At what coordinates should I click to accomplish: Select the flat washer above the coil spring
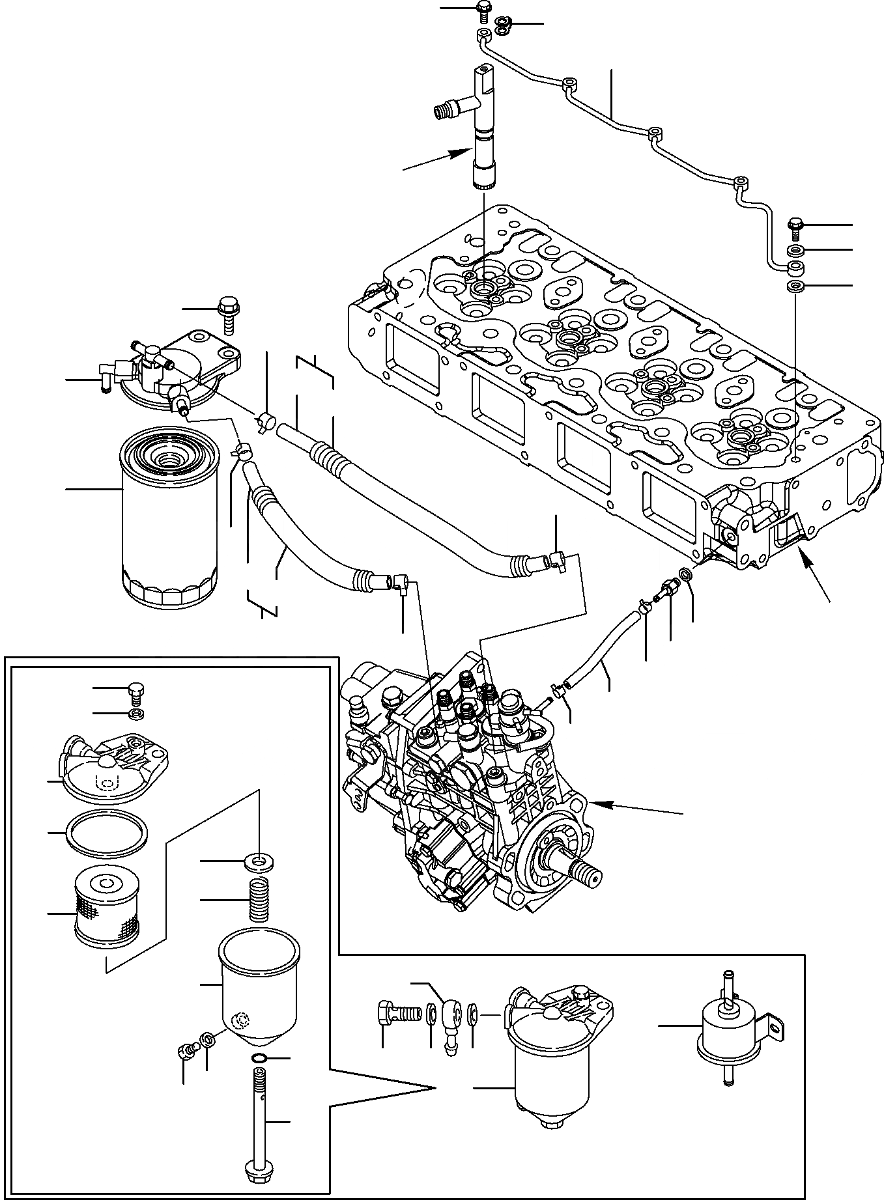click(259, 863)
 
